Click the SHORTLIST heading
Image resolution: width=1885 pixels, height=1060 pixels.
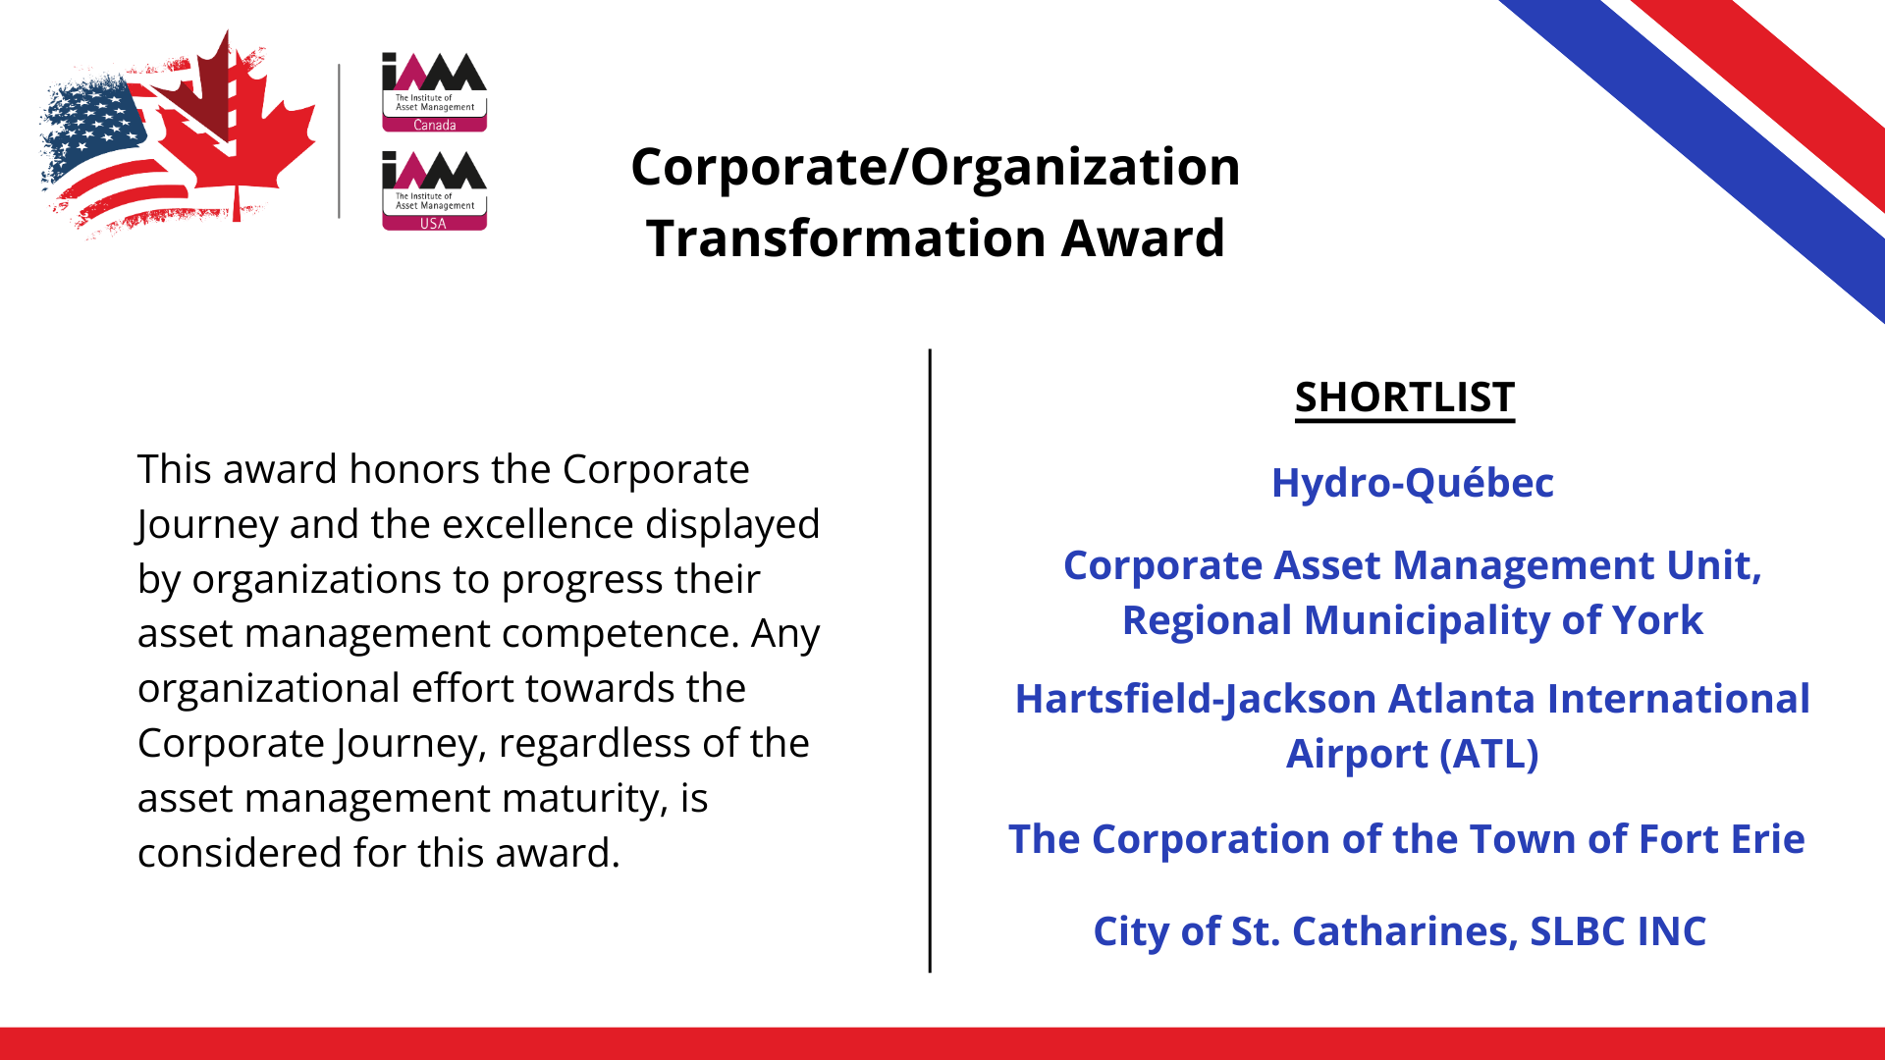pyautogui.click(x=1405, y=397)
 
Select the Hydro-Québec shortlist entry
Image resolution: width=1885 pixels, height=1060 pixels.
pyautogui.click(x=1413, y=483)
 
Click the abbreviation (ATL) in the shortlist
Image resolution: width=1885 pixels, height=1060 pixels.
pyautogui.click(x=1488, y=755)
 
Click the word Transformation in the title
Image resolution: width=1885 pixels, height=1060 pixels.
pyautogui.click(x=846, y=238)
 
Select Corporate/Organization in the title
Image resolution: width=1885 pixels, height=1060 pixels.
pyautogui.click(x=936, y=167)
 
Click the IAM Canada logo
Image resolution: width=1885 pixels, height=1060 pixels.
pyautogui.click(x=434, y=92)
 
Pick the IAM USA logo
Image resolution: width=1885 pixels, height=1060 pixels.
pyautogui.click(x=434, y=191)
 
